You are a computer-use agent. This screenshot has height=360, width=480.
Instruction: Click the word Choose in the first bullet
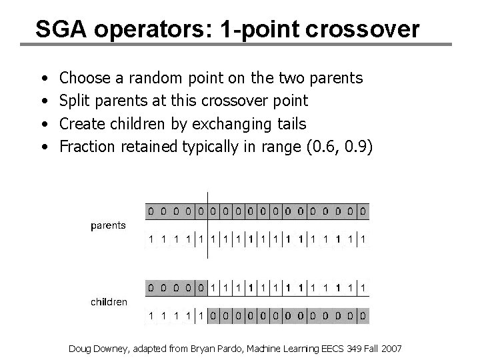85,79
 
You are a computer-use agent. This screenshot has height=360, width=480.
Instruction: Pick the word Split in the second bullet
75,101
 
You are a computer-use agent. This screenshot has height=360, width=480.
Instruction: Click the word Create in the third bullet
81,124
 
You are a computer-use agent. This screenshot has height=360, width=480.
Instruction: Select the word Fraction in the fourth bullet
87,147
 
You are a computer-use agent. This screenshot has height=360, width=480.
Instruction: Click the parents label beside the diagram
108,225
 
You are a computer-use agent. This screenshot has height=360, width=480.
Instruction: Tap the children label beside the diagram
109,302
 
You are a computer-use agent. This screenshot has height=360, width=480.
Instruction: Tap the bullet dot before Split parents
44,101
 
